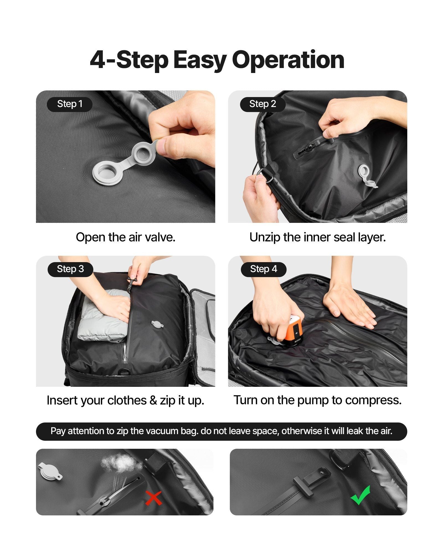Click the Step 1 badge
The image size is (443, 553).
[69, 104]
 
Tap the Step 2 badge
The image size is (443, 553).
[262, 104]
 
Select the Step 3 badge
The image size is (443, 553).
[70, 269]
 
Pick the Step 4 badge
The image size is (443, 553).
[263, 269]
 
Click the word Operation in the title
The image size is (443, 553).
[288, 60]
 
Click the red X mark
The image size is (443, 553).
[153, 498]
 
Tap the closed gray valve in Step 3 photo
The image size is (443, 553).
[157, 324]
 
